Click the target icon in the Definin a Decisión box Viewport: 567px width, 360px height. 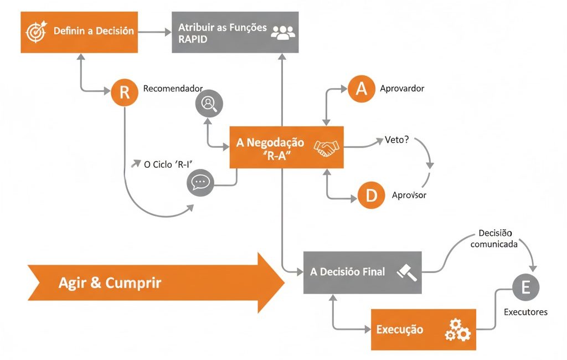(x=37, y=32)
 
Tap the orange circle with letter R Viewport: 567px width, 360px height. (x=125, y=92)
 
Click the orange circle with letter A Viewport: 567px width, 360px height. (x=362, y=89)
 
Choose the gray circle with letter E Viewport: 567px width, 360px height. (x=525, y=287)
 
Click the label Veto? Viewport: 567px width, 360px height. (x=396, y=140)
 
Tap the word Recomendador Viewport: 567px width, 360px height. (x=173, y=89)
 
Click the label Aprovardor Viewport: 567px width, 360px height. (x=402, y=89)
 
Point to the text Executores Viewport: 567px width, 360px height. (x=525, y=312)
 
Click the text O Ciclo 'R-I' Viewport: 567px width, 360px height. (x=171, y=164)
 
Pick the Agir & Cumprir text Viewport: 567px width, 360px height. (x=110, y=283)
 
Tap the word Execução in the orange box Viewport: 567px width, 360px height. (x=400, y=330)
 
